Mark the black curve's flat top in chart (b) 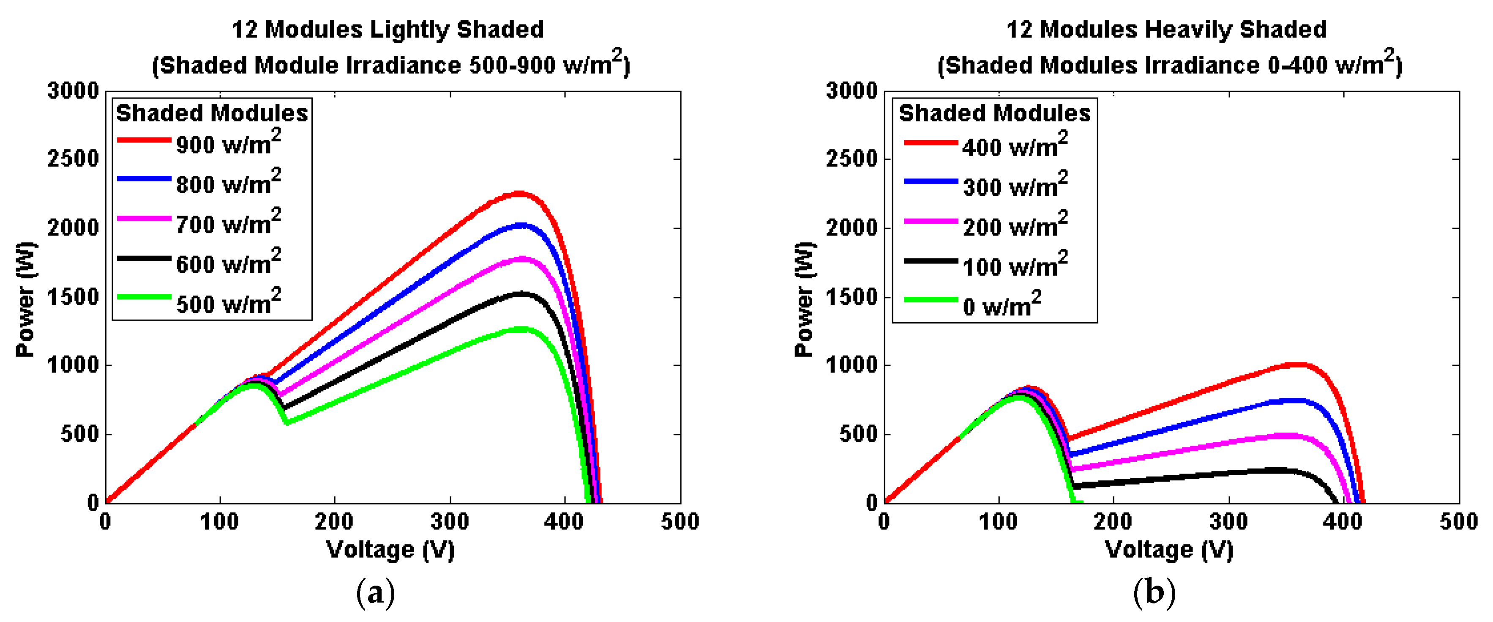1275,471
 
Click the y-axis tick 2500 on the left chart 73,159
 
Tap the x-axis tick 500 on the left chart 680,522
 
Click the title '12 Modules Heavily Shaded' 1166,29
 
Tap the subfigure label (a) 376,593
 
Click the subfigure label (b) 1154,593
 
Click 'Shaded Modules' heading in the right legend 995,113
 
